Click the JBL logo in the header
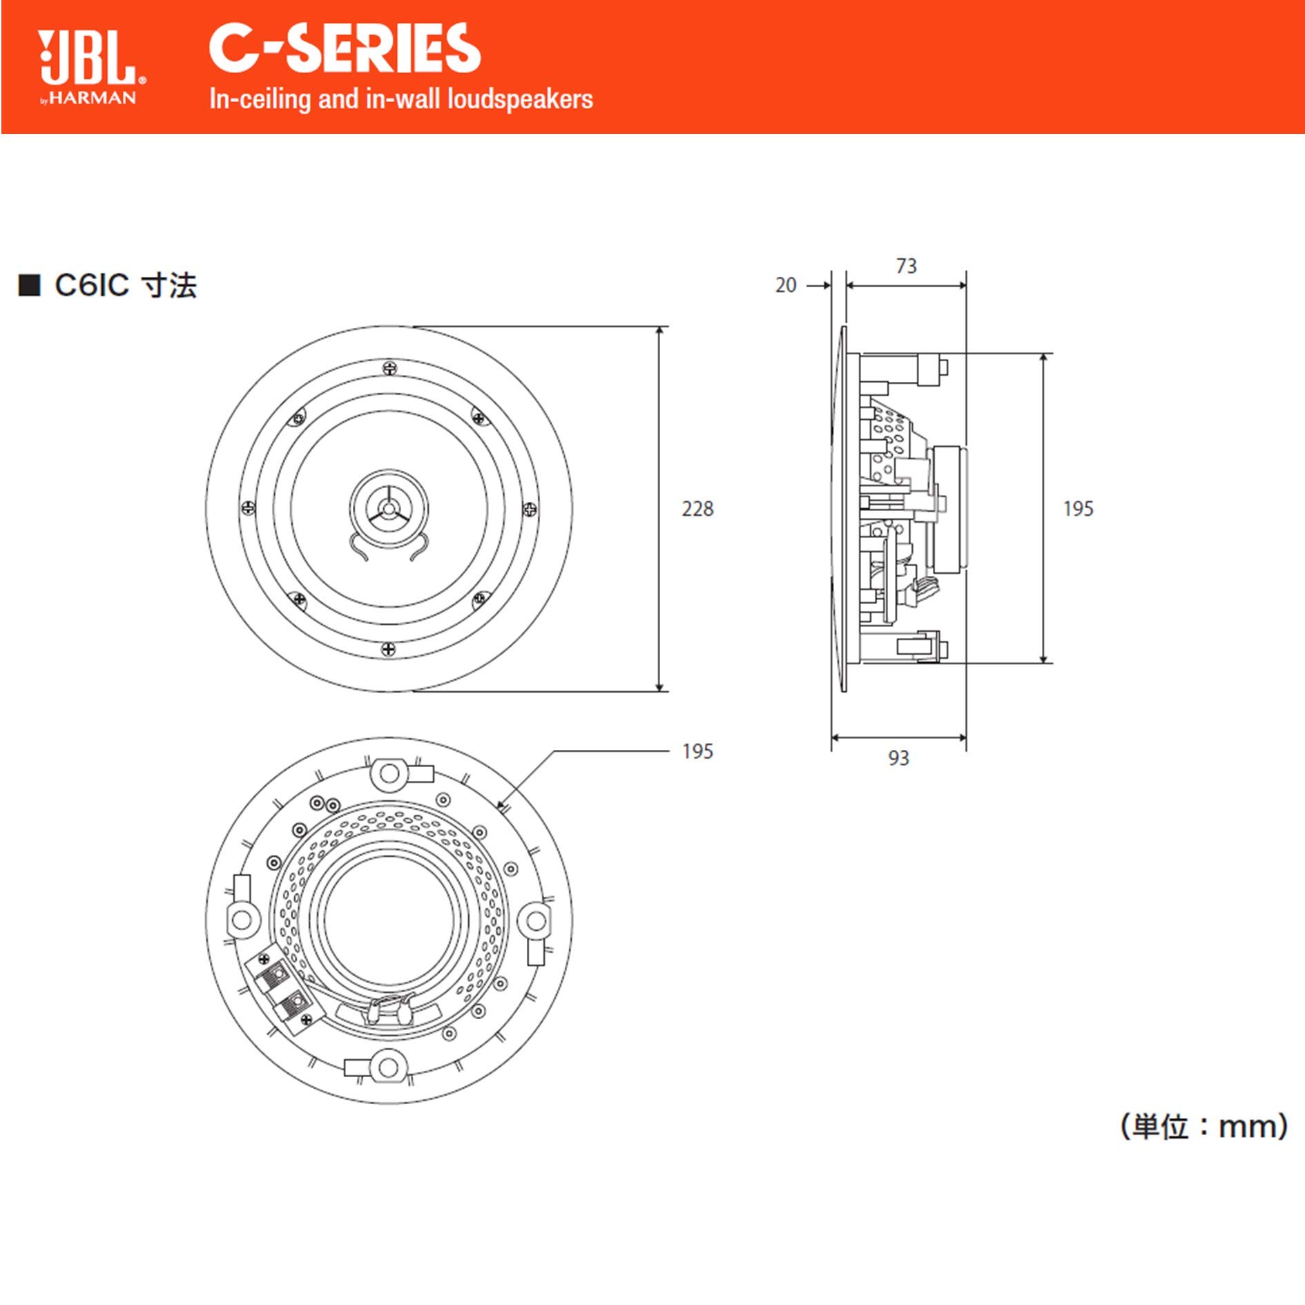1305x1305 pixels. [88, 58]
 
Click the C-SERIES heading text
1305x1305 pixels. [344, 48]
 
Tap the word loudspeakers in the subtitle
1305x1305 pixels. [519, 99]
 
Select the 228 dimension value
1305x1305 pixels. [697, 509]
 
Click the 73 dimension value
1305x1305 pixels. [906, 266]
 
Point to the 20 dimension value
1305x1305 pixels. [786, 285]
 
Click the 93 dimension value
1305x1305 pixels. [898, 758]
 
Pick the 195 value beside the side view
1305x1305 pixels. [1078, 509]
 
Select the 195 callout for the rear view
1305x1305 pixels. [697, 751]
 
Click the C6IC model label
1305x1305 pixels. [91, 285]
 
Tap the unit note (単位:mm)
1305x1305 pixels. [1203, 1126]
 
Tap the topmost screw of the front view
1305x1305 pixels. [389, 368]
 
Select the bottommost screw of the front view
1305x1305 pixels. [389, 649]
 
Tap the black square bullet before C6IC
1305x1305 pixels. [29, 285]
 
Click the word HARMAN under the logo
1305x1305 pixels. [93, 98]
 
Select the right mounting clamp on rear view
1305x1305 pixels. [536, 921]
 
